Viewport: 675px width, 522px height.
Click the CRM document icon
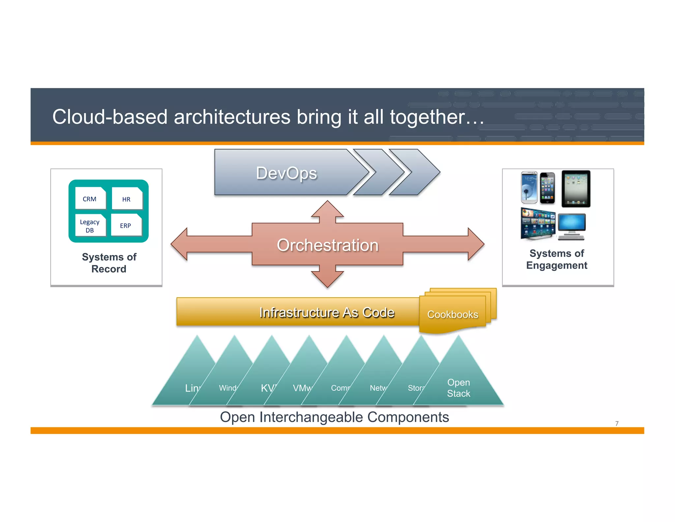[x=90, y=198]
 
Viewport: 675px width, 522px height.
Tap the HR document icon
[x=127, y=199]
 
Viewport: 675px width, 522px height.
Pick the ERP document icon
[x=126, y=225]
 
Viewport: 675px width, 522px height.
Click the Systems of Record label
[x=109, y=263]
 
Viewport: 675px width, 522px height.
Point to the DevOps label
[x=286, y=173]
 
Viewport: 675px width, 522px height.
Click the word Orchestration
[x=327, y=245]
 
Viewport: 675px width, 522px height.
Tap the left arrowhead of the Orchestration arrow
[x=180, y=244]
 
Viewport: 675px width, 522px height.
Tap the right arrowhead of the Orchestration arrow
[x=476, y=244]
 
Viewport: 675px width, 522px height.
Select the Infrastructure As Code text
[x=326, y=312]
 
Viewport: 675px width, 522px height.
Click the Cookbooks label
[x=453, y=314]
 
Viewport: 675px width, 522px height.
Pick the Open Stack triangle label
[x=458, y=388]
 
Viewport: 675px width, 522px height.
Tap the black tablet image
[x=575, y=189]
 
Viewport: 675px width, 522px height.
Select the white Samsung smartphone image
[x=529, y=187]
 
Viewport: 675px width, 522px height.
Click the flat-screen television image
[x=538, y=223]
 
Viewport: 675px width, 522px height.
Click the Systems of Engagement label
[x=557, y=259]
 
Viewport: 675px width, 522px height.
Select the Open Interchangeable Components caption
[x=334, y=417]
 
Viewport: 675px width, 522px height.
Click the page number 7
[x=617, y=423]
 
